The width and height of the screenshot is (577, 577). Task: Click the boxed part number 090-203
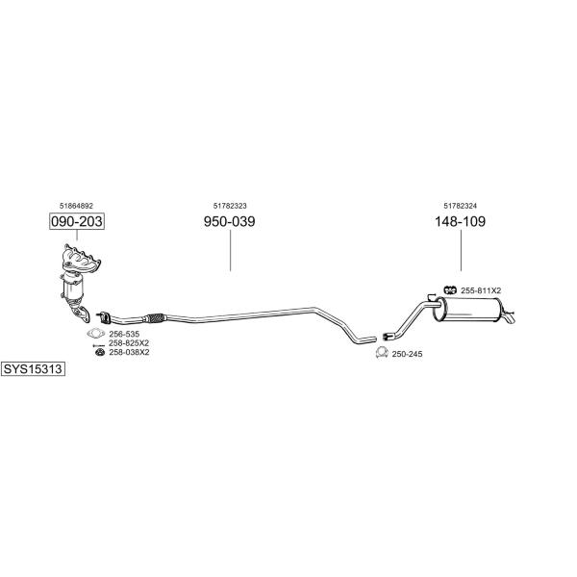pos(77,221)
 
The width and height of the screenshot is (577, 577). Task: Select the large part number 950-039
pos(229,221)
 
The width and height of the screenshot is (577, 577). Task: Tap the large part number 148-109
pos(460,221)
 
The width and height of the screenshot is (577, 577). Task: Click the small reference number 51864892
pos(76,206)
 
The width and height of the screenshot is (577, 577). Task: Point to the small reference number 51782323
pos(230,206)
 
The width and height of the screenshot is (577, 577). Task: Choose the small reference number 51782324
pos(460,206)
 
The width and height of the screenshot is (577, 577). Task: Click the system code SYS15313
pos(33,368)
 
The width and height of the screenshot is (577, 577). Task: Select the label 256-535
pos(124,334)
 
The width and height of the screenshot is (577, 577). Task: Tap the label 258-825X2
pos(129,343)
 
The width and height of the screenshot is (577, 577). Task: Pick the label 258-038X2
pos(129,352)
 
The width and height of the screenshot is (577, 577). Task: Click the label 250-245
pos(407,354)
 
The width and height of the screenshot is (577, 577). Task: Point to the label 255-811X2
pos(481,290)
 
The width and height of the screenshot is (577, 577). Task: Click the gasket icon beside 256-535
pos(96,333)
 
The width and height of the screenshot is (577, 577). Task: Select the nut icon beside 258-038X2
pos(100,353)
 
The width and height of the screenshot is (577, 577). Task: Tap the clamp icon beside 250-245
pos(382,353)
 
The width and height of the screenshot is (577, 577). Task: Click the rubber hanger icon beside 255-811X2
pos(450,290)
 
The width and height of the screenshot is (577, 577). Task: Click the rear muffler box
pos(468,310)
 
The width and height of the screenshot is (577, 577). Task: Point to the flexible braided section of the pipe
pos(155,317)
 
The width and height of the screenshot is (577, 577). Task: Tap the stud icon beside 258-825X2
pos(99,345)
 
